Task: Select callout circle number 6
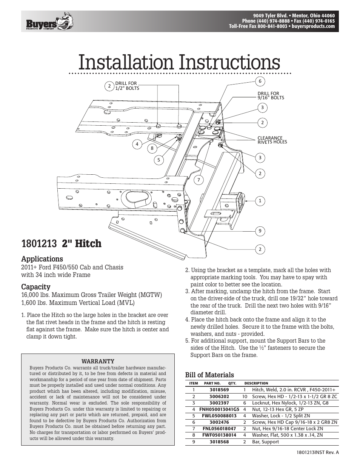[x=260, y=81]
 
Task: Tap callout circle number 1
[x=260, y=201]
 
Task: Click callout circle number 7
[x=198, y=180]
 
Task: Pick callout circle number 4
[x=137, y=144]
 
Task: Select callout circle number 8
[x=152, y=148]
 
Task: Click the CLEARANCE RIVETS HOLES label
[x=272, y=140]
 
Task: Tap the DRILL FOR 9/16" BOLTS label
[x=271, y=95]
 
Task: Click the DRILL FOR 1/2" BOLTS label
[x=127, y=86]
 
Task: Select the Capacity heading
[x=36, y=287]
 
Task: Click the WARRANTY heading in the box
[x=98, y=361]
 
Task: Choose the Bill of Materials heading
[x=209, y=375]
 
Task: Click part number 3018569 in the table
[x=219, y=390]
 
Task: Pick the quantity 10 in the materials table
[x=245, y=397]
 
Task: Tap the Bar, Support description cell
[x=266, y=442]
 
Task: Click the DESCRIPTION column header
[x=256, y=383]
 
